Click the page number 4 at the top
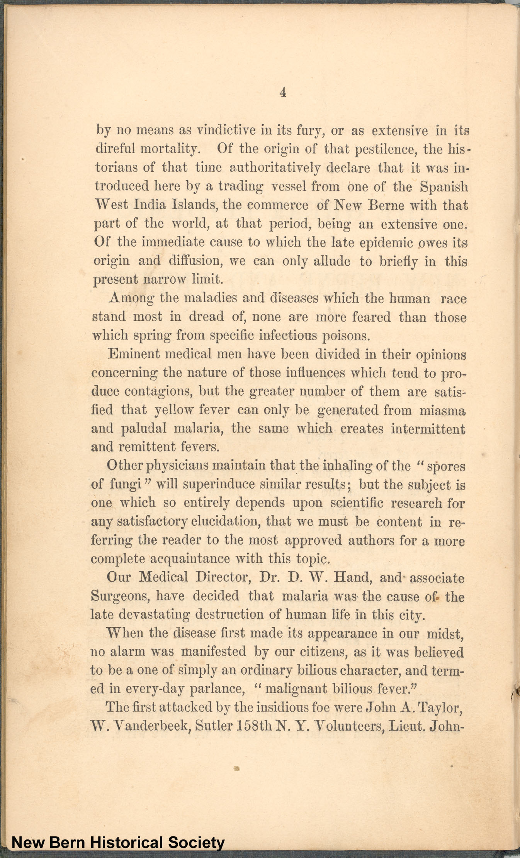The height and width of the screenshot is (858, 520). [x=283, y=93]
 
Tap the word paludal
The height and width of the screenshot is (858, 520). [x=144, y=429]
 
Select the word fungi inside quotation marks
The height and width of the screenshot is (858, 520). [x=126, y=484]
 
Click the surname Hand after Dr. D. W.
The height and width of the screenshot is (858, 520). [x=352, y=577]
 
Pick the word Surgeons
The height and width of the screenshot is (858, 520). [x=119, y=596]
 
